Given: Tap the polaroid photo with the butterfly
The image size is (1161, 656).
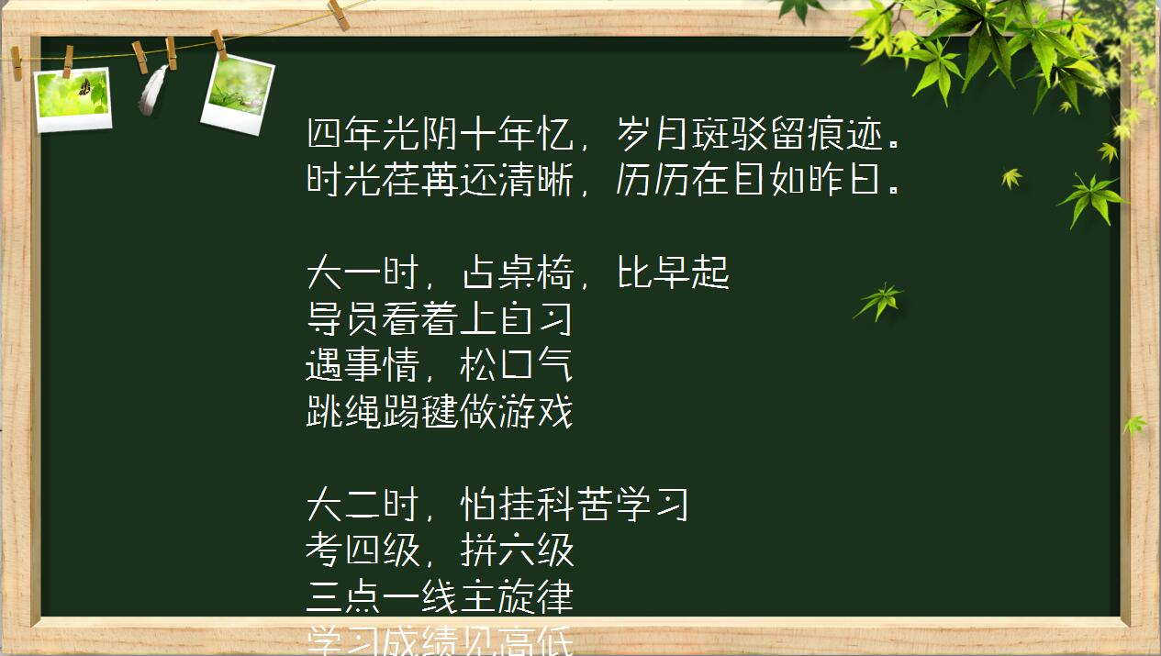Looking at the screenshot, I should click(73, 97).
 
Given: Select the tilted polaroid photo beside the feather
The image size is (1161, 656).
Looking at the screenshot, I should click(237, 94).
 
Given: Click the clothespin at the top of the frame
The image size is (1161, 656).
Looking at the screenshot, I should click(338, 13).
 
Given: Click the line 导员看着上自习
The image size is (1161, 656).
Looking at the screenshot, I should click(440, 319).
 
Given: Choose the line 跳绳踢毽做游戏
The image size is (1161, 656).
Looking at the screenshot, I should click(440, 413).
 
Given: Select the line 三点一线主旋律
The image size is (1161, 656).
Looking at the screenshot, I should click(440, 598).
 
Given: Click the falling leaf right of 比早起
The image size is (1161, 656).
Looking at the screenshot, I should click(878, 300).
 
